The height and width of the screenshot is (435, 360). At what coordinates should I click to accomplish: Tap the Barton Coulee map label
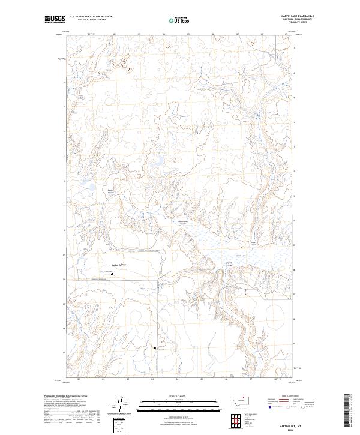(x=110, y=192)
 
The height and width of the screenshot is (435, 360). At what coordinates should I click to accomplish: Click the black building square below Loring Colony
(x=110, y=275)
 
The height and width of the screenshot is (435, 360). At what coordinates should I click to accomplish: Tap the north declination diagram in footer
(x=122, y=403)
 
